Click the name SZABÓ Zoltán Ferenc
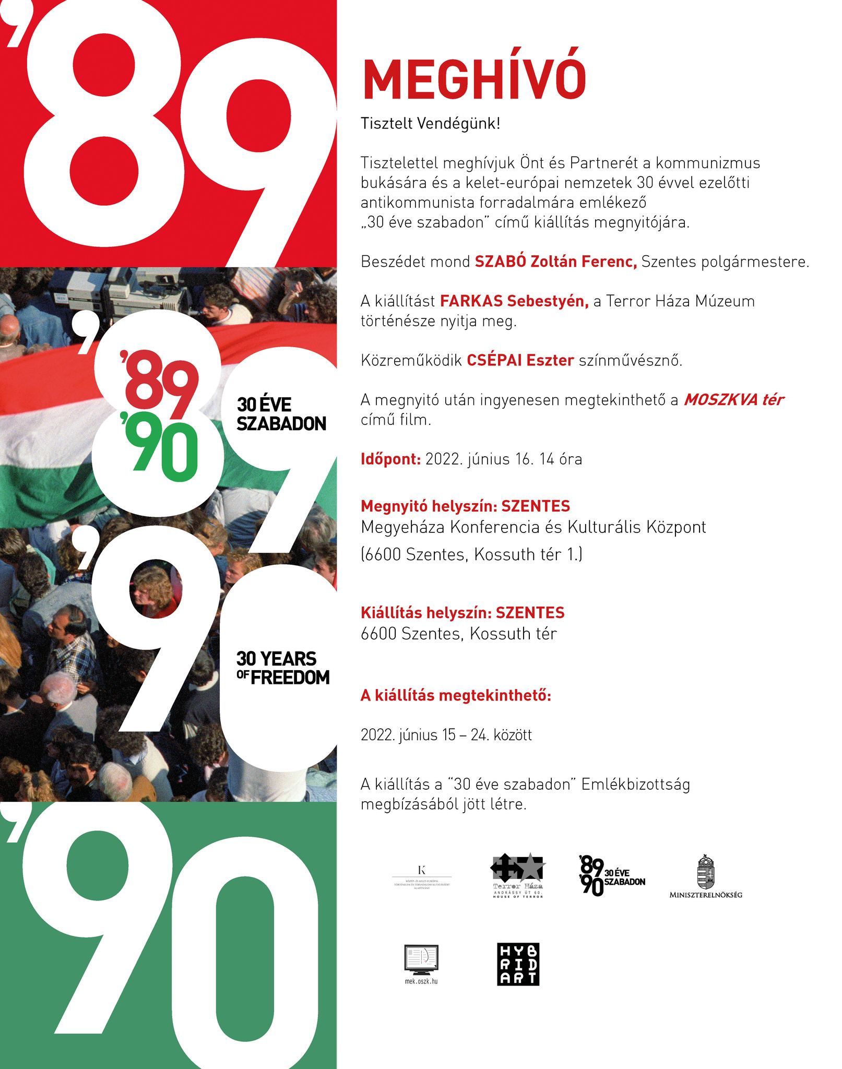(x=555, y=262)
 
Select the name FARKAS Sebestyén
(x=514, y=301)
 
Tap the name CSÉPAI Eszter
(x=520, y=360)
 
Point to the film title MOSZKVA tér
(x=733, y=400)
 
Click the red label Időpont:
(x=390, y=459)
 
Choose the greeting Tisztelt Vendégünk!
(x=430, y=124)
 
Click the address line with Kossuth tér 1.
(x=471, y=554)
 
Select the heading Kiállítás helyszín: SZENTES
(x=462, y=612)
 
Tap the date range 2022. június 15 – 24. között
(x=446, y=735)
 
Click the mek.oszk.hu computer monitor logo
(x=421, y=962)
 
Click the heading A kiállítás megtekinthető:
(x=456, y=696)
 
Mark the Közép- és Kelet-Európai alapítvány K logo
(x=422, y=877)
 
